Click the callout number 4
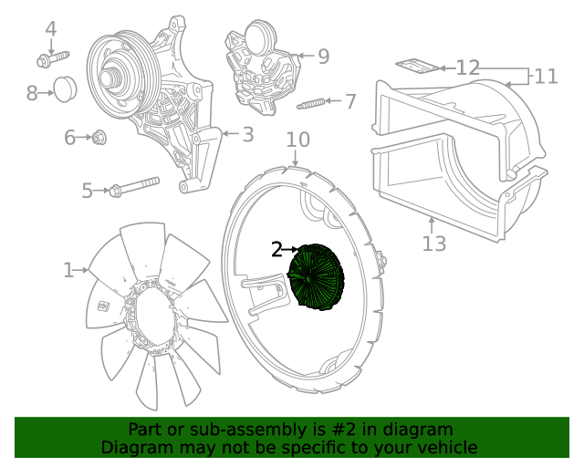(x=51, y=28)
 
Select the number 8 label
(x=32, y=92)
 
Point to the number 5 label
(x=88, y=191)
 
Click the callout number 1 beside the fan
(x=68, y=270)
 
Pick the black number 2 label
(x=277, y=249)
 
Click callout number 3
(x=247, y=135)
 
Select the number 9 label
(x=323, y=57)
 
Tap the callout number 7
(x=350, y=101)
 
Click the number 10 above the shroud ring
(x=297, y=140)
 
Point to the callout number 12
(x=468, y=67)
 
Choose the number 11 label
(x=546, y=77)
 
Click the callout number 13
(x=434, y=244)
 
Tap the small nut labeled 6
(x=100, y=138)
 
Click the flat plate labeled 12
(x=415, y=65)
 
